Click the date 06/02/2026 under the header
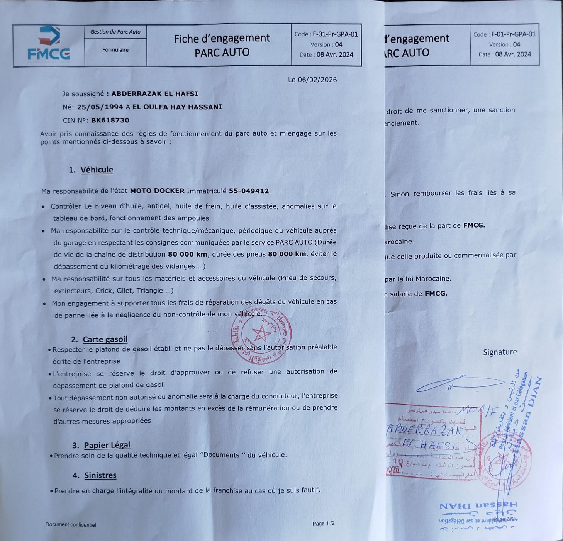[x=312, y=80]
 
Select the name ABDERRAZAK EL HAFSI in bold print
[x=154, y=94]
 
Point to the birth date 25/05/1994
[x=100, y=107]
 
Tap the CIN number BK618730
[x=110, y=120]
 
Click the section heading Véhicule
[x=97, y=170]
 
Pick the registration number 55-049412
[x=249, y=191]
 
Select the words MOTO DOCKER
[x=157, y=191]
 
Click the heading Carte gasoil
[x=105, y=339]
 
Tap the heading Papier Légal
[x=107, y=445]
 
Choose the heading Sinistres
[x=100, y=475]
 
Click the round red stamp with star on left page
[x=261, y=335]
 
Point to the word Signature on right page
[x=500, y=352]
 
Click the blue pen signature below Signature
[x=460, y=383]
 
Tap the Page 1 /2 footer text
[x=323, y=524]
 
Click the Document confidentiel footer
[x=71, y=525]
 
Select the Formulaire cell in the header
[x=115, y=50]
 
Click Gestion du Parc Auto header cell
[x=115, y=32]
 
